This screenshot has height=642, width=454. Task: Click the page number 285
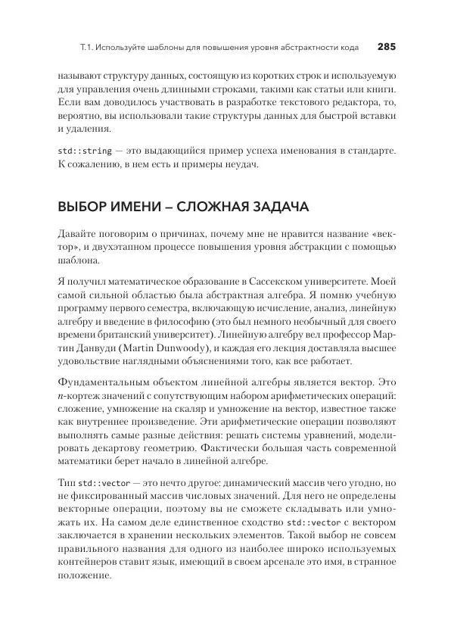[x=386, y=47]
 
